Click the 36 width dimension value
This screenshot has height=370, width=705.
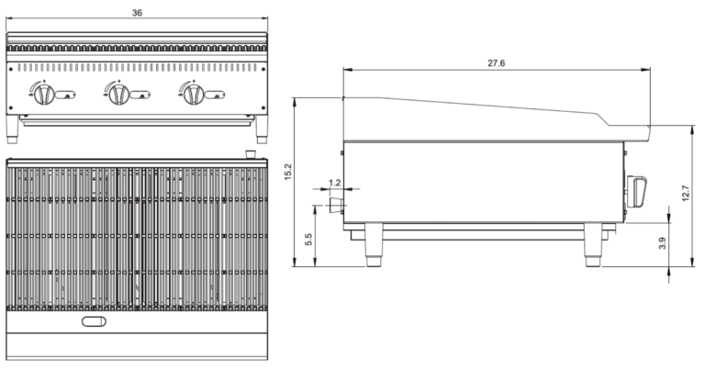click(x=137, y=13)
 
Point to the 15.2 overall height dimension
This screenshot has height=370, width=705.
click(x=288, y=172)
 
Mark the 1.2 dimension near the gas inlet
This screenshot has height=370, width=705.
click(x=334, y=183)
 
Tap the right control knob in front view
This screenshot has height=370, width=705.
click(x=193, y=93)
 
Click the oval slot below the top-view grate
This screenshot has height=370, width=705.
click(x=95, y=320)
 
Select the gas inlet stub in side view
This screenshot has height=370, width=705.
click(x=336, y=204)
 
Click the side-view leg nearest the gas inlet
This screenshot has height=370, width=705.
click(x=375, y=245)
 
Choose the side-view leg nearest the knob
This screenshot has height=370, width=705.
click(x=592, y=245)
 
